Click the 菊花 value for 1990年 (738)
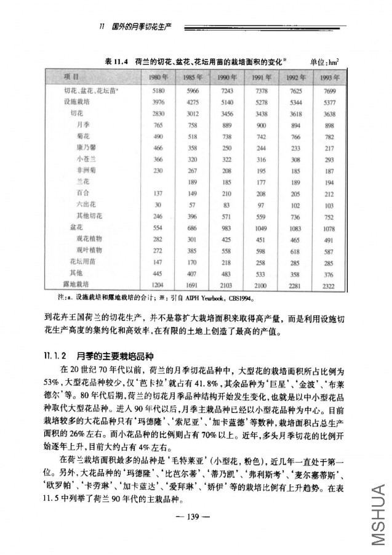click(226, 136)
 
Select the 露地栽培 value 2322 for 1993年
click(327, 285)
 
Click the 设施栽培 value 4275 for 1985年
click(192, 102)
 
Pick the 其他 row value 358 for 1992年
click(294, 273)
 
